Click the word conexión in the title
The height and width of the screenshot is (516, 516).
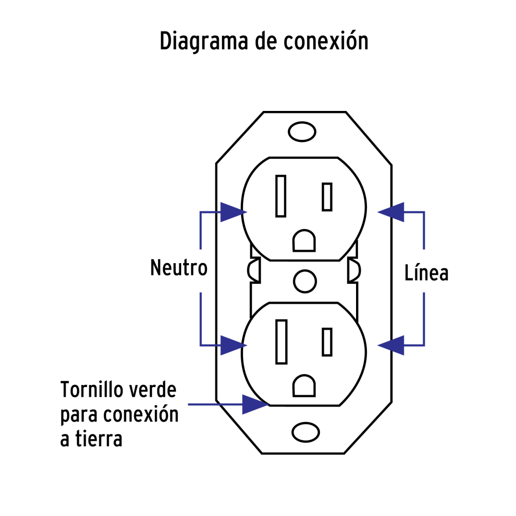[x=326, y=42]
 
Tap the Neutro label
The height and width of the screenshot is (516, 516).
[x=179, y=268]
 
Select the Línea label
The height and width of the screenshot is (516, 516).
[x=426, y=273]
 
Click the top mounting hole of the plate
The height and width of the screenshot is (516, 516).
[x=302, y=132]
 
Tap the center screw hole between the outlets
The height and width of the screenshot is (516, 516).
[x=304, y=282]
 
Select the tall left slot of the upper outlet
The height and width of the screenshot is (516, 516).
[x=281, y=196]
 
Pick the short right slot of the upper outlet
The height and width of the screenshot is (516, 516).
[x=327, y=197]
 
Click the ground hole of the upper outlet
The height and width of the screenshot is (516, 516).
[x=304, y=241]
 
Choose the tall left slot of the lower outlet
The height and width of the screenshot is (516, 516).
[x=281, y=341]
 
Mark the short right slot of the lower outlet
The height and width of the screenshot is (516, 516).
[x=327, y=342]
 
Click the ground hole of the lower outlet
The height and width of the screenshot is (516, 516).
[x=304, y=386]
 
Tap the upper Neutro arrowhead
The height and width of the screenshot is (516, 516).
[x=232, y=212]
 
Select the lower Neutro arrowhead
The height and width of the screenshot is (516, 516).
[x=232, y=345]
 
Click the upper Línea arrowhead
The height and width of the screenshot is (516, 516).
[x=391, y=212]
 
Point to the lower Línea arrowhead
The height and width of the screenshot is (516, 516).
[x=391, y=345]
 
